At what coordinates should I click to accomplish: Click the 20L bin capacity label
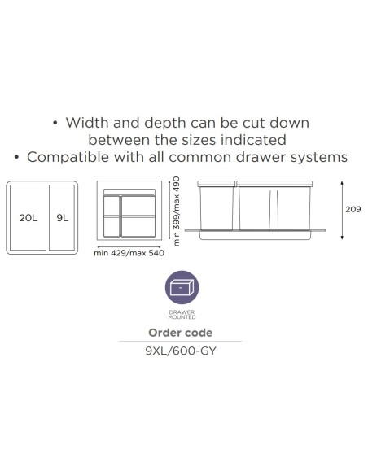28,218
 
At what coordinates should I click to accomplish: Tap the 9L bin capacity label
63,218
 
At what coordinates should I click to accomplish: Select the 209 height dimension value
353,209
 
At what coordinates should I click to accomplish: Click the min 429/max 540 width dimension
129,253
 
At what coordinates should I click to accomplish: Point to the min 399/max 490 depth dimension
177,211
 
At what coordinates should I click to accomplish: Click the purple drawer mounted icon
182,287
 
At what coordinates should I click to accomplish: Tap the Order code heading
181,333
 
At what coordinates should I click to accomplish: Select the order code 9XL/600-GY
181,351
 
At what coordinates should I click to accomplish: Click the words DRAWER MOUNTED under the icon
182,315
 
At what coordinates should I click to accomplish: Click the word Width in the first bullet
87,123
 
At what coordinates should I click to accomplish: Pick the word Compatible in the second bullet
68,158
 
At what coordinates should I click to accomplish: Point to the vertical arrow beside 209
342,211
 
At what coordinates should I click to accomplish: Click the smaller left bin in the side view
217,208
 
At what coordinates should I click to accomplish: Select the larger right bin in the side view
274,208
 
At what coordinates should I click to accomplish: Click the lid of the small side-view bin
216,184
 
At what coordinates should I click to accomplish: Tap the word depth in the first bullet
165,124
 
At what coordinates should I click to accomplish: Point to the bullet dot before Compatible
17,158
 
